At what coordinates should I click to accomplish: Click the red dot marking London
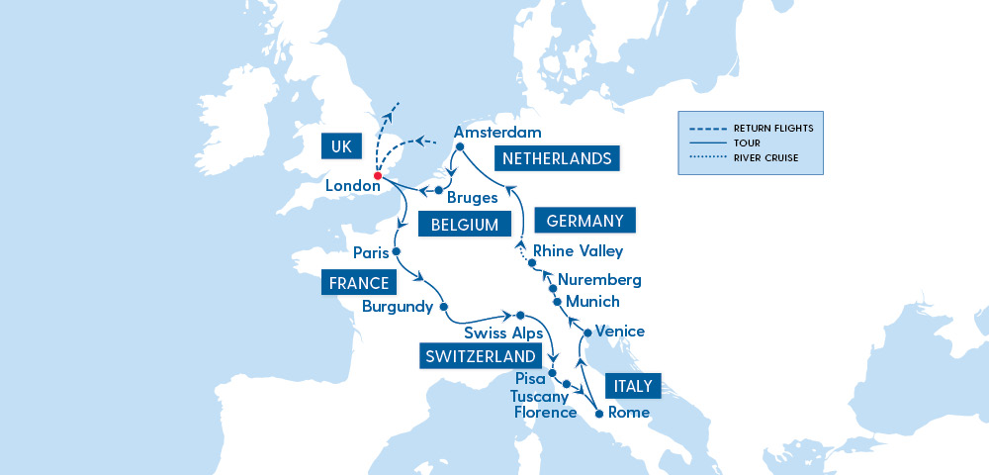[378, 176]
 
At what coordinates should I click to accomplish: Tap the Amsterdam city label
[497, 133]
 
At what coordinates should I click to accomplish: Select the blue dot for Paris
[396, 252]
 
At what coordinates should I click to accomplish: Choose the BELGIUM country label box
[464, 225]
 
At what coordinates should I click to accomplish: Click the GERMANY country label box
[584, 221]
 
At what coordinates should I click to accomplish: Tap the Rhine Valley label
[578, 251]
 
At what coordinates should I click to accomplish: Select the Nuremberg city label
[599, 280]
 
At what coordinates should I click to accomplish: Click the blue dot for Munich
[557, 301]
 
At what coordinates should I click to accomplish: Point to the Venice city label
[621, 332]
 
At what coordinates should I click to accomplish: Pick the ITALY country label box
[629, 385]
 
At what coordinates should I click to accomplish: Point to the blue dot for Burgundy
[444, 306]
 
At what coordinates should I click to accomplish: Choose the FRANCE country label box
[357, 284]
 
